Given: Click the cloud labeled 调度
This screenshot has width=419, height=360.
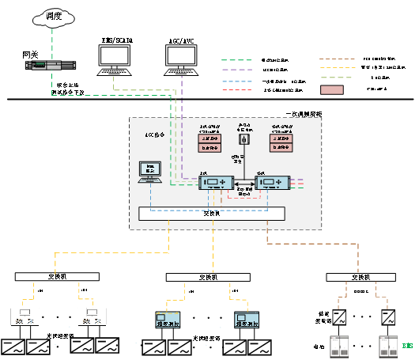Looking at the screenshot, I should coord(51,16).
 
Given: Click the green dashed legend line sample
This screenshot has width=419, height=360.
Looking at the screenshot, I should coord(236,60).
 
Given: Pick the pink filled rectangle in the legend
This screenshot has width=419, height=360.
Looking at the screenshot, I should coord(331,90).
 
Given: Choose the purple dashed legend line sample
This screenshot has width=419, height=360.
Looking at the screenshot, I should coord(236,70).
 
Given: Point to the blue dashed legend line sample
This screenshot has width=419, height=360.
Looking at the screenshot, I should coord(236,81).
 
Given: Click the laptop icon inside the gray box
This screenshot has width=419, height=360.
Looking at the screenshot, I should coord(149,172).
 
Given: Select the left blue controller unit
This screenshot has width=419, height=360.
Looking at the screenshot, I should coord(215,183).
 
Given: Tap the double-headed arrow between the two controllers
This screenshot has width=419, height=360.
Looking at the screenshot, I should coord(243,183).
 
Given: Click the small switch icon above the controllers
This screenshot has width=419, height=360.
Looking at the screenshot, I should coord(244,140).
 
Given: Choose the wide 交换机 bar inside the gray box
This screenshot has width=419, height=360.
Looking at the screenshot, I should coord(211,214).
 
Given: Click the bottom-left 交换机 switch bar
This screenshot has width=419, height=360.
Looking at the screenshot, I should coord(57,277).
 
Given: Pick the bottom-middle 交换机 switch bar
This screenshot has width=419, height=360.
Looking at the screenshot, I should coord(208,277).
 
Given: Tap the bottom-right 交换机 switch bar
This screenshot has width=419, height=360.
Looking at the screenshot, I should coord(360,277).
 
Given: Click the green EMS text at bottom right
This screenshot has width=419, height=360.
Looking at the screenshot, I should coord(407,346).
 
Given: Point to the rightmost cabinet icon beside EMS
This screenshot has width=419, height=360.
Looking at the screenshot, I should coord(387,347).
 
